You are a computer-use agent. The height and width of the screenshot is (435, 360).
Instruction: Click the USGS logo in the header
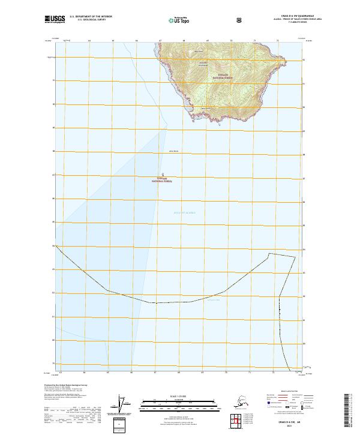[x=53, y=20]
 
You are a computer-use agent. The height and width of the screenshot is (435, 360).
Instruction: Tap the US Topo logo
[x=182, y=20]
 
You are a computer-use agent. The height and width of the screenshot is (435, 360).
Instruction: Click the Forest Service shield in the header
[x=239, y=20]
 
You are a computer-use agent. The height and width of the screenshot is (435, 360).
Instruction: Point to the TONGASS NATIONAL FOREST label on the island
[x=220, y=77]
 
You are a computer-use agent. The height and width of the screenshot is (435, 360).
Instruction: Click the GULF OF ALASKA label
[x=185, y=212]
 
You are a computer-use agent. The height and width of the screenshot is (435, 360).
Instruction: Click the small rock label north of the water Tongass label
[x=174, y=151]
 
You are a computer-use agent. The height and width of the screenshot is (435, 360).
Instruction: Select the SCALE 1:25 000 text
[x=179, y=397]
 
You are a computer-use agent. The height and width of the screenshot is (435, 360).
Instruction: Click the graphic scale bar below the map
[x=179, y=406]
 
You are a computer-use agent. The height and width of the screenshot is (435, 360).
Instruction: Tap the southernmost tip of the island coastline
[x=220, y=124]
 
